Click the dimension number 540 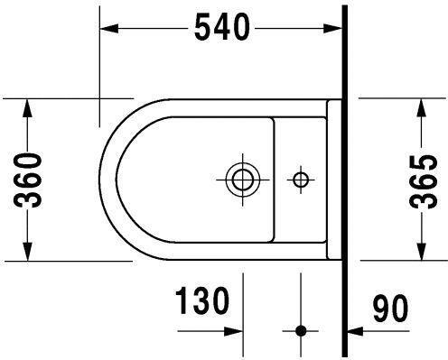[x=220, y=29]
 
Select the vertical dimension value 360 [x=32, y=180]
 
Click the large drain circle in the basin [x=241, y=179]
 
